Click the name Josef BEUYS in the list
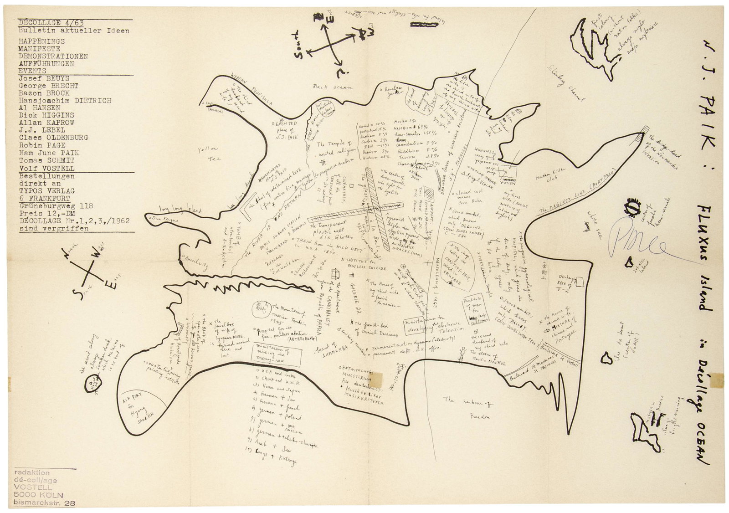[42, 78]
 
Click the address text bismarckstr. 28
[45, 503]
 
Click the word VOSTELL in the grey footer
[32, 487]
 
